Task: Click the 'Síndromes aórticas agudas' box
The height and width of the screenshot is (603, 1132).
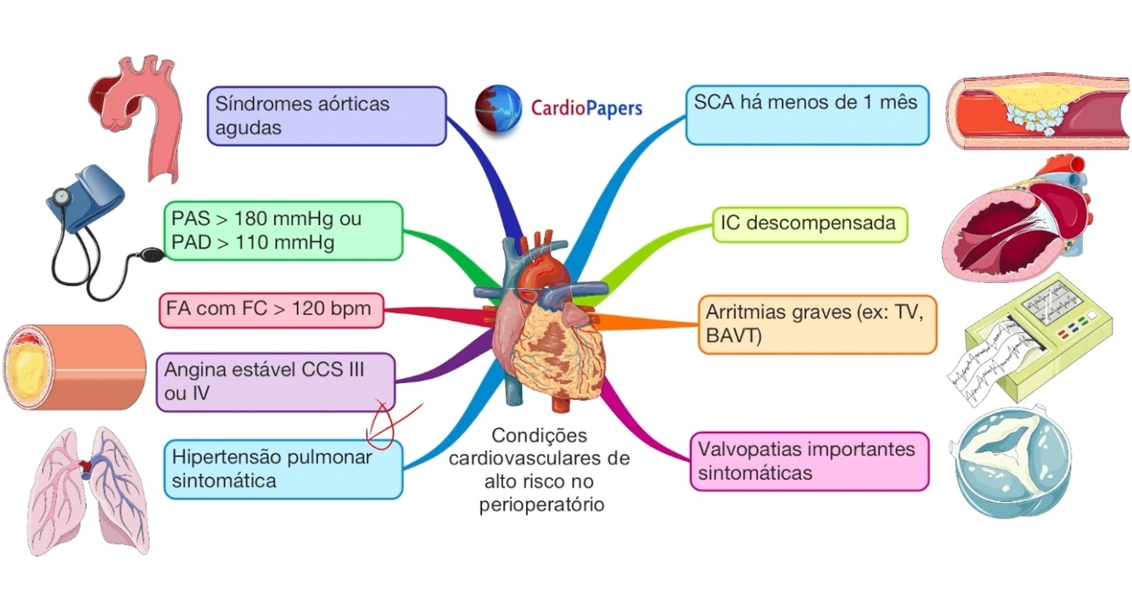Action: coord(327,116)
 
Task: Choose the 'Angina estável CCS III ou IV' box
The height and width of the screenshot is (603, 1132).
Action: coord(276,382)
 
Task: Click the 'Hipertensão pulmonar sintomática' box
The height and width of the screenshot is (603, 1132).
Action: coord(283,469)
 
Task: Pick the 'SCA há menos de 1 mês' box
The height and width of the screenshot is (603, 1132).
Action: coord(806,114)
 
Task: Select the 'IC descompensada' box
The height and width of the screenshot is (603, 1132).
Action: coord(809,224)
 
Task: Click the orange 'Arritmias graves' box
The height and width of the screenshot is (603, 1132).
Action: coord(816,324)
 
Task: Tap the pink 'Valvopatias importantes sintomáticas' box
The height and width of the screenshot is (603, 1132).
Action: coord(809,460)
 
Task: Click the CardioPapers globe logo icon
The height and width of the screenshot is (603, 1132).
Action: coord(498,109)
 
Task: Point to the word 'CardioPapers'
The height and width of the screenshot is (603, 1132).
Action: coord(586,109)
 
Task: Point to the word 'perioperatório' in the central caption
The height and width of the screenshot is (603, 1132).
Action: coord(540,504)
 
